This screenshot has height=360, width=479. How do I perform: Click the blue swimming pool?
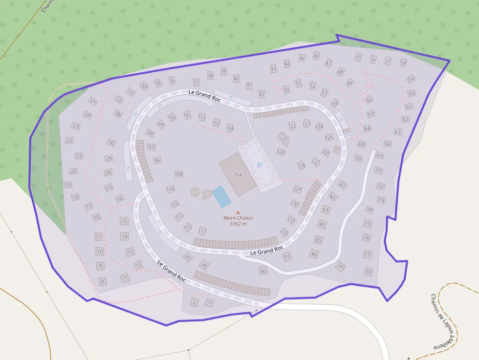[222, 196]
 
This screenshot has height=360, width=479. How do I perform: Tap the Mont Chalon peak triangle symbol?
[238, 212]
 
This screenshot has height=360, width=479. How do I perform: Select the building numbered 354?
[238, 174]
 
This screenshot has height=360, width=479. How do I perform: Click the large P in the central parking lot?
[260, 166]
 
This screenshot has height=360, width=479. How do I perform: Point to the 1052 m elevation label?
[238, 224]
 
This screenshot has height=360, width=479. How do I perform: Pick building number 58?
[403, 63]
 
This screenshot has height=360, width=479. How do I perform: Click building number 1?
[210, 302]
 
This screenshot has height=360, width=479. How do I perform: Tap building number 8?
[102, 281]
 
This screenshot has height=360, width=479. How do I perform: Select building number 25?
[92, 101]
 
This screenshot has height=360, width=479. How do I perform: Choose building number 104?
[230, 128]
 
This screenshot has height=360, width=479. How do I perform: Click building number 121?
[284, 139]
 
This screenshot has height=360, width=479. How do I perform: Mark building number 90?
[263, 271]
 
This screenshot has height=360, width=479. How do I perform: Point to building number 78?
[368, 271]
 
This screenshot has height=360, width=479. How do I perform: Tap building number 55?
[358, 57]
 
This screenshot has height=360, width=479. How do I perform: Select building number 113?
[202, 231]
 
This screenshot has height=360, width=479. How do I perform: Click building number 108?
[179, 174]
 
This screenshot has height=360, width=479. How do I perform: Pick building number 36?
[172, 81]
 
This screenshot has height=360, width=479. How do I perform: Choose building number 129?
[297, 189]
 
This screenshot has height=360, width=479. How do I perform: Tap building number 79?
[340, 267]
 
